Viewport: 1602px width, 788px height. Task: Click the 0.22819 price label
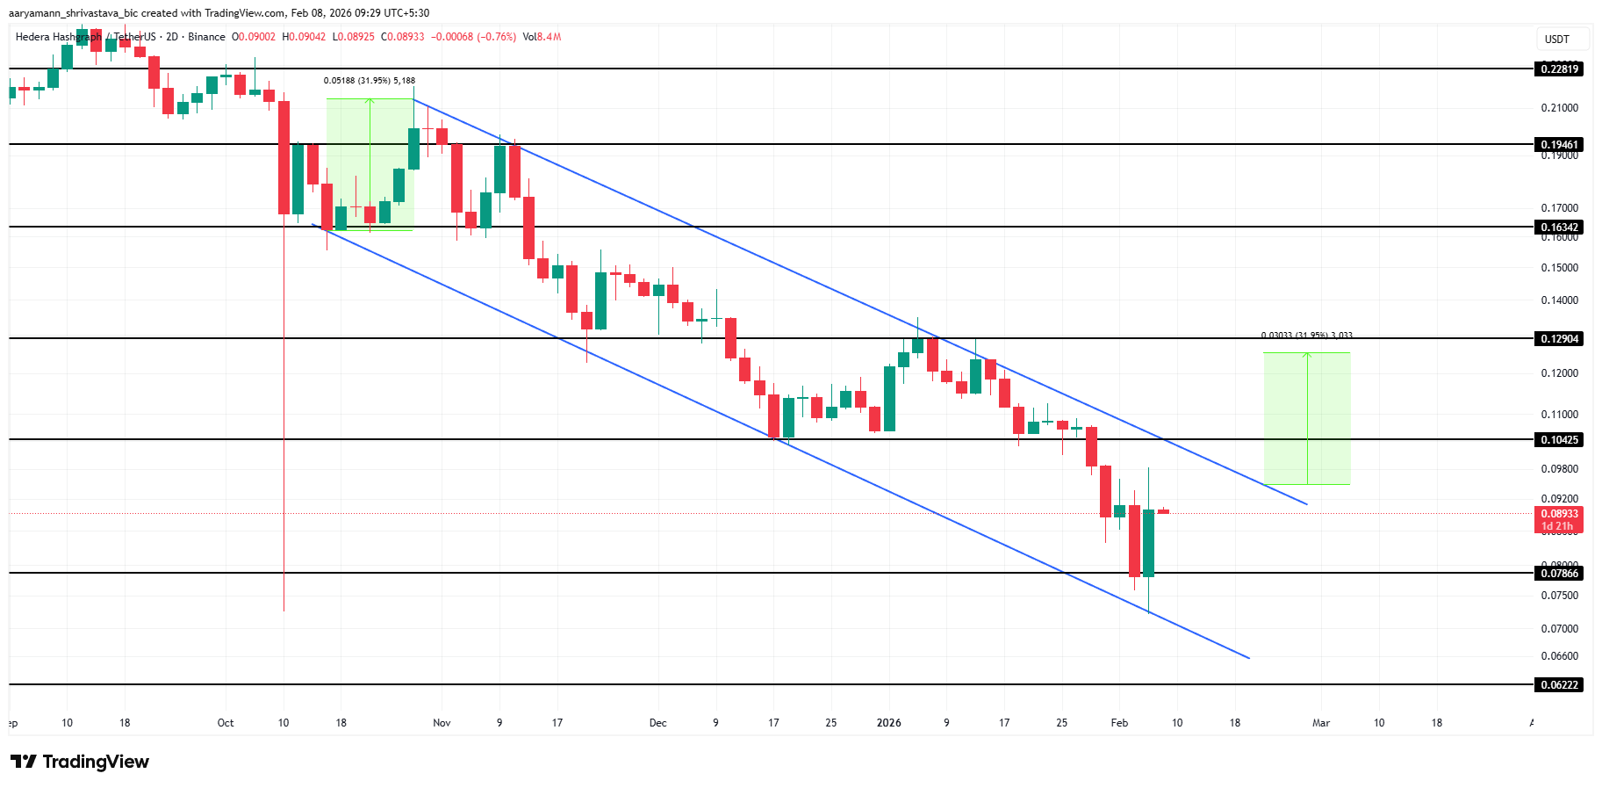pyautogui.click(x=1559, y=69)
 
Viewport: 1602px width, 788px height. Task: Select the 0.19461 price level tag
pyautogui.click(x=1559, y=144)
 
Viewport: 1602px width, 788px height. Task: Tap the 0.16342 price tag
pyautogui.click(x=1559, y=227)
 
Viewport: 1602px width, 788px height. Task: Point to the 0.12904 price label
pyautogui.click(x=1559, y=338)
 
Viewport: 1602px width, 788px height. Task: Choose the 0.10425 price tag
pyautogui.click(x=1559, y=439)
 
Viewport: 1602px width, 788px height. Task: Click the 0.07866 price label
pyautogui.click(x=1559, y=573)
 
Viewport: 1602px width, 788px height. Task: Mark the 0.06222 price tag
pyautogui.click(x=1559, y=684)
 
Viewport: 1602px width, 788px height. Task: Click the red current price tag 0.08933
pyautogui.click(x=1559, y=514)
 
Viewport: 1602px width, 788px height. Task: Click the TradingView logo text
pyautogui.click(x=80, y=762)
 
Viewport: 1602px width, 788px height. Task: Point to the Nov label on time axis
pyautogui.click(x=442, y=723)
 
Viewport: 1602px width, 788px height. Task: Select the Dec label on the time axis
pyautogui.click(x=657, y=723)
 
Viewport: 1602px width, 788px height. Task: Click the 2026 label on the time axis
pyautogui.click(x=889, y=723)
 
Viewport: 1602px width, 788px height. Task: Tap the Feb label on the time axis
pyautogui.click(x=1119, y=723)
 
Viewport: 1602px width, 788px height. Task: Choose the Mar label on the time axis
pyautogui.click(x=1321, y=723)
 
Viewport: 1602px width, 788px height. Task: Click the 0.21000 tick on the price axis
pyautogui.click(x=1559, y=108)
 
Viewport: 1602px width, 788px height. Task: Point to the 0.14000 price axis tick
pyautogui.click(x=1559, y=300)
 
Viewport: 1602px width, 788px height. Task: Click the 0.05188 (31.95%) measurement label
pyautogui.click(x=369, y=81)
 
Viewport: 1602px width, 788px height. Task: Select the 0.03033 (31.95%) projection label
pyautogui.click(x=1306, y=336)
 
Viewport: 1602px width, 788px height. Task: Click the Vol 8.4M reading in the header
pyautogui.click(x=542, y=37)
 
